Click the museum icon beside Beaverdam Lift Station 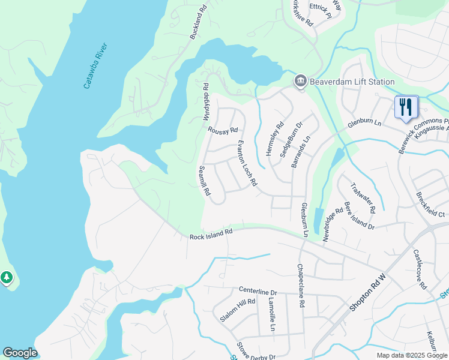[x=300, y=81]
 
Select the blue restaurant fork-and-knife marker [x=406, y=107]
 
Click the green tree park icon [x=7, y=277]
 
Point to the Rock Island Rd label [x=211, y=234]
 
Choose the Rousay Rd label [x=223, y=130]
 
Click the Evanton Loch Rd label [x=247, y=163]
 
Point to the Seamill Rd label [x=205, y=181]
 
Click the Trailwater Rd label [x=363, y=198]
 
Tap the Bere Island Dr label [x=359, y=216]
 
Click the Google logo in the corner [x=20, y=353]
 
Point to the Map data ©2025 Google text [x=411, y=355]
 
